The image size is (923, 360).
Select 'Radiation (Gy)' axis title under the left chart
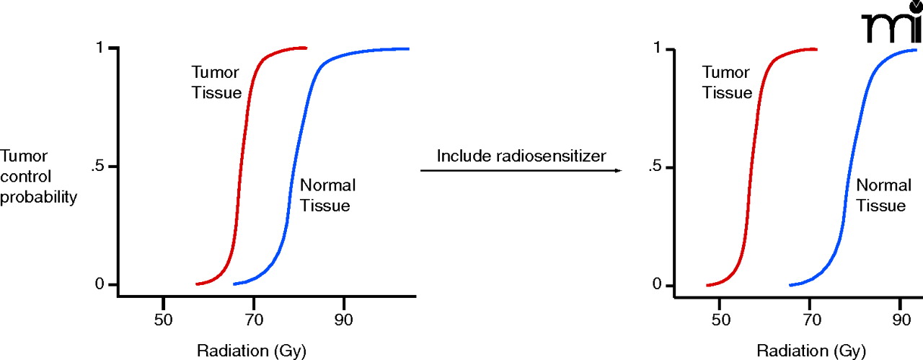click(252, 351)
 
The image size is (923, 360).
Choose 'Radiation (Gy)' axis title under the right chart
click(808, 351)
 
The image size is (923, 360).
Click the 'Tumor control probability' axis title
click(38, 177)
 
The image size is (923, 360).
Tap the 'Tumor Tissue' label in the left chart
click(216, 82)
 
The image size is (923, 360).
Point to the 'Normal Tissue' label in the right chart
click(883, 195)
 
